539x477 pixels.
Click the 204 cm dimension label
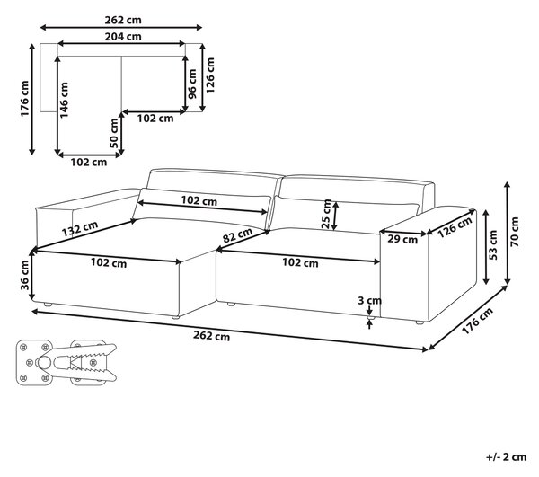click(x=123, y=36)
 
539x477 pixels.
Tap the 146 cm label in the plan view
click(x=64, y=100)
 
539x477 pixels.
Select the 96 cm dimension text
click(x=192, y=84)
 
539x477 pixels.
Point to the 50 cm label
click(x=114, y=133)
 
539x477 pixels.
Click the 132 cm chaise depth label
click(x=80, y=229)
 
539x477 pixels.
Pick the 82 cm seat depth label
click(x=237, y=235)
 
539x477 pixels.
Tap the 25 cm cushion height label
click(x=326, y=214)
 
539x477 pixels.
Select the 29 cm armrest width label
click(x=402, y=239)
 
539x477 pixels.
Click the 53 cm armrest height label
click(x=492, y=244)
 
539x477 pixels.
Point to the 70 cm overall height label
click(x=515, y=232)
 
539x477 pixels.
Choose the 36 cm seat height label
click(x=25, y=275)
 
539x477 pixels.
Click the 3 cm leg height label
click(x=369, y=300)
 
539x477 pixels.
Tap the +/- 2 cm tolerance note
click(x=507, y=456)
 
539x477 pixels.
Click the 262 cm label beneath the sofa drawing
click(x=211, y=335)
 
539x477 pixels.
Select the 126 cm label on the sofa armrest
click(x=455, y=227)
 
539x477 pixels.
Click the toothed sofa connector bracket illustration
click(x=66, y=363)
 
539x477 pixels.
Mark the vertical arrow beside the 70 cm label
click(x=507, y=234)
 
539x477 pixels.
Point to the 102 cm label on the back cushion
click(x=199, y=200)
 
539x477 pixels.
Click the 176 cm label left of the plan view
click(x=24, y=99)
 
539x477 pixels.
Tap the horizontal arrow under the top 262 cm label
click(x=121, y=28)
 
